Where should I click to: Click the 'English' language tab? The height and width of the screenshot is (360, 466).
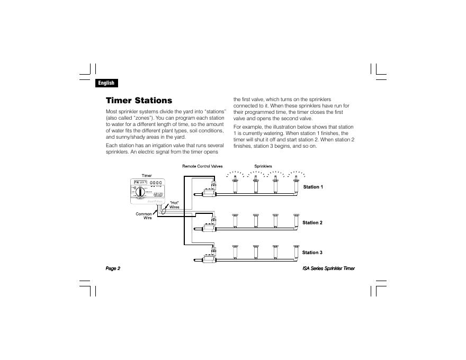(106, 83)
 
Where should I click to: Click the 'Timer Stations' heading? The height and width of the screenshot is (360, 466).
(139, 101)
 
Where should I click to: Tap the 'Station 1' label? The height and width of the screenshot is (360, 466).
(312, 187)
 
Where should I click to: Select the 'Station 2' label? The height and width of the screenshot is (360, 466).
(312, 223)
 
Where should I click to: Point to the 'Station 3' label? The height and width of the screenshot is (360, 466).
(312, 253)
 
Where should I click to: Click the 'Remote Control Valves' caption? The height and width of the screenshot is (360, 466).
(203, 166)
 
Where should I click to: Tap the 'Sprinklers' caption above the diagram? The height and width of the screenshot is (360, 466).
(263, 166)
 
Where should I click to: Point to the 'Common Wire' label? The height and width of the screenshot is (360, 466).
(144, 216)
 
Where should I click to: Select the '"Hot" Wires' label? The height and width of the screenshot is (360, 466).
(174, 205)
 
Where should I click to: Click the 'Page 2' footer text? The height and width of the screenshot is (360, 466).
(113, 268)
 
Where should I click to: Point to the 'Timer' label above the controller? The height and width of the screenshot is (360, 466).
(147, 176)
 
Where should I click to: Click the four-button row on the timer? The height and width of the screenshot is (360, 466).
(156, 184)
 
